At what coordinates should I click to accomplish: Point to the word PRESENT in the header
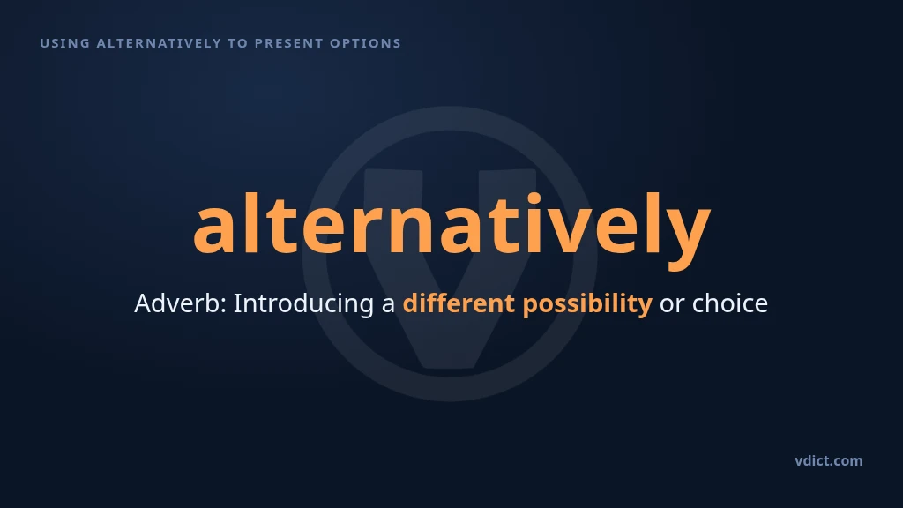pos(289,43)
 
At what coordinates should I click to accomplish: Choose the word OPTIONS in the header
pos(365,43)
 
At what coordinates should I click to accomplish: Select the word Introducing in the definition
pos(303,304)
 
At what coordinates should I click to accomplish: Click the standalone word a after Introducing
pos(388,306)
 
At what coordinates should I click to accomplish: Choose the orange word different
pos(459,303)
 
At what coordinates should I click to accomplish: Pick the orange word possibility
pos(587,304)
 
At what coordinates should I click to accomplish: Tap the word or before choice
pos(671,306)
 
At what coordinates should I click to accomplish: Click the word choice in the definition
pos(729,303)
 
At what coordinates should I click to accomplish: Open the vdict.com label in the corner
pos(829,460)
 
